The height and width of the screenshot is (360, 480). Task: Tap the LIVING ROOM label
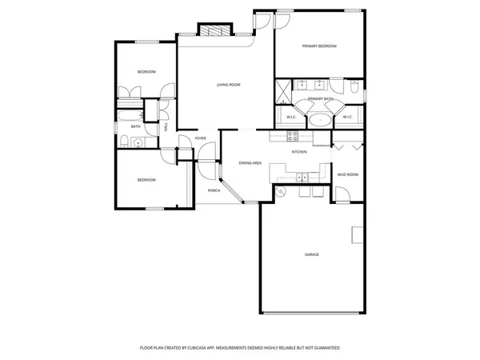229,84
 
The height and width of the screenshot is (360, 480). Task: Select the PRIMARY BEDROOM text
319,46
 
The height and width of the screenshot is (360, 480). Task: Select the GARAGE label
312,254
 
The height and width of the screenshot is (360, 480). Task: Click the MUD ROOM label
346,174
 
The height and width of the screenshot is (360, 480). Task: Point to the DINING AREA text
250,162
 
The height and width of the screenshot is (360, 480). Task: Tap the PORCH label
214,190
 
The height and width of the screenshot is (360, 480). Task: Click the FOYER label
201,138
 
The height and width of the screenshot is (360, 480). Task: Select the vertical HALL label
166,126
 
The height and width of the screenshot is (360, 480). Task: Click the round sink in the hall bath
138,144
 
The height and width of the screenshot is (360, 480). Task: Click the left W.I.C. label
291,118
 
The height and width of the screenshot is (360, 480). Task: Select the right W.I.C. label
347,118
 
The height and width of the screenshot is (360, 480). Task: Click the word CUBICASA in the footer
210,348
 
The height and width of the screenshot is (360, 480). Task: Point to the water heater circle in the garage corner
280,191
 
